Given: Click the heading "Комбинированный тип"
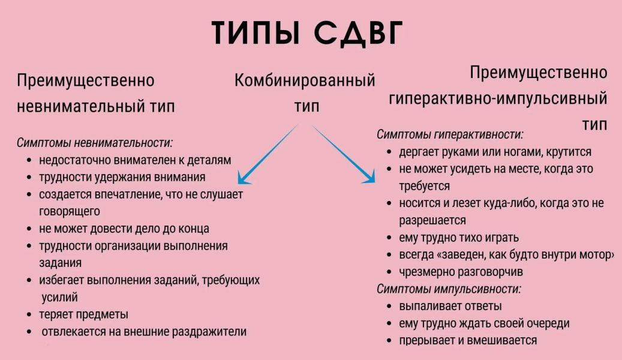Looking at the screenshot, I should pyautogui.click(x=305, y=93).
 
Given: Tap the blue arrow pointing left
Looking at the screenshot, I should pyautogui.click(x=268, y=154).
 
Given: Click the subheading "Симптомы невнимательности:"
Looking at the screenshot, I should pyautogui.click(x=95, y=143).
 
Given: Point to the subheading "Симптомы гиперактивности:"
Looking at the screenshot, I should pyautogui.click(x=450, y=134).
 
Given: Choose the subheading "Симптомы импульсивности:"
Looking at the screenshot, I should pyautogui.click(x=449, y=289).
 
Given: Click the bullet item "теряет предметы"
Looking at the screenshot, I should pyautogui.click(x=84, y=314).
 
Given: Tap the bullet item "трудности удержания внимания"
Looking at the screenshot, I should pyautogui.click(x=122, y=177).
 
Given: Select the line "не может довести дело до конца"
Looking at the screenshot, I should pyautogui.click(x=124, y=229).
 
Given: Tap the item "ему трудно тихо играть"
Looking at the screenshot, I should pyautogui.click(x=459, y=238).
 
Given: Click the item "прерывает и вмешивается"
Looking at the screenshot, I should pyautogui.click(x=468, y=340).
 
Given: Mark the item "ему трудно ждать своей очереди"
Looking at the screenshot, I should pyautogui.click(x=484, y=323).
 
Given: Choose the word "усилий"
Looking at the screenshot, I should pyautogui.click(x=59, y=297).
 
